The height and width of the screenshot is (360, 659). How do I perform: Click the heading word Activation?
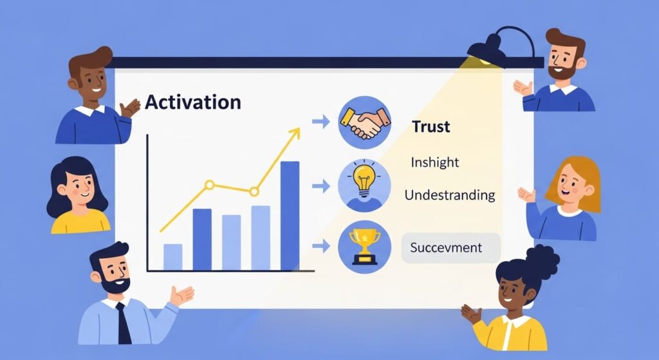pos(193,102)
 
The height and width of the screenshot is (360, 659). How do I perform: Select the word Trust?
pos(431,127)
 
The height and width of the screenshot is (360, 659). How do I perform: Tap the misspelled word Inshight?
pos(435,162)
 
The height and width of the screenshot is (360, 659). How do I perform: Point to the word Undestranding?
pos(450,194)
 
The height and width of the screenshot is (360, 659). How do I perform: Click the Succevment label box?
pos(450,247)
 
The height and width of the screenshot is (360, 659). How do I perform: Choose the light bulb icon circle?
pos(364,185)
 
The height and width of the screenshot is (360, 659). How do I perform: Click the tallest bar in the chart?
pos(290,215)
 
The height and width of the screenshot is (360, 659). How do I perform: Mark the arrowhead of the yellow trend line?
pos(295,133)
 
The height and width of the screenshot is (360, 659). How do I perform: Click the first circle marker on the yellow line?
pos(209,185)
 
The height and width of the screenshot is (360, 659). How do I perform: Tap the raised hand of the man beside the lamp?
pos(522,88)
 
